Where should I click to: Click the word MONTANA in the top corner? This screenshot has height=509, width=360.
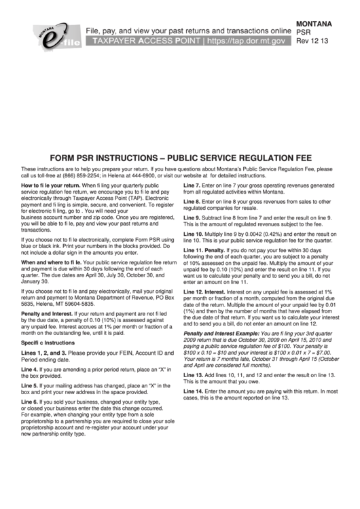pyautogui.click(x=314, y=24)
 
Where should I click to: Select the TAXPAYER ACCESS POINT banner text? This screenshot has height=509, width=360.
pyautogui.click(x=149, y=41)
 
